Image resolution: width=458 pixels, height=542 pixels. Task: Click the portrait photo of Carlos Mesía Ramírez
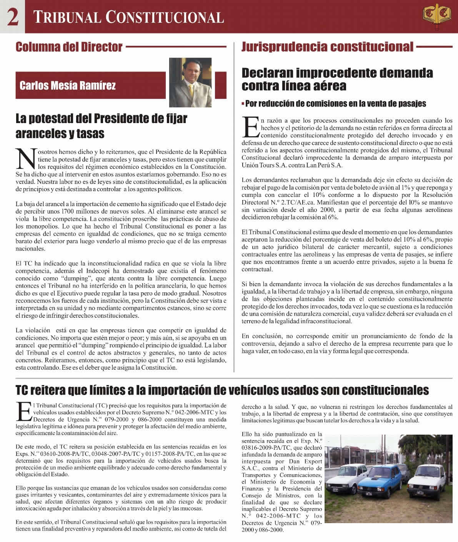point(190,82)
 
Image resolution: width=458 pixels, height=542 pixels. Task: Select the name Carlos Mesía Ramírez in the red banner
point(67,85)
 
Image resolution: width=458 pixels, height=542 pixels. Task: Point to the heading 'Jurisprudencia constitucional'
point(327,47)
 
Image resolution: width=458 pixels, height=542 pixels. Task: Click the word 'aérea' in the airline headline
point(327,86)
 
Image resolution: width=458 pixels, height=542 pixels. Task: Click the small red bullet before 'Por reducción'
point(243,104)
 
